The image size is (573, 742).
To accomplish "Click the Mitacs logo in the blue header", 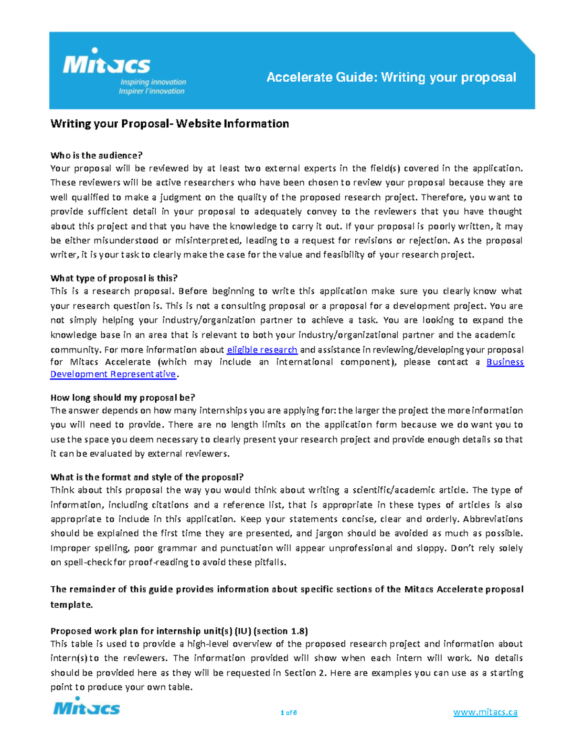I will pos(106,63).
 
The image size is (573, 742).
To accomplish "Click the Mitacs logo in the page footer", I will pos(86,707).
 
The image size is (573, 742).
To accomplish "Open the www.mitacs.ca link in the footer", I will pos(485,712).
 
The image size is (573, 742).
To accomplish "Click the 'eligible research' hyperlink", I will pos(262,350).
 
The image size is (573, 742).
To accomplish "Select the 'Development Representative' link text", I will pos(113,374).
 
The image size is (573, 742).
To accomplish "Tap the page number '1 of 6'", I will pos(288,712).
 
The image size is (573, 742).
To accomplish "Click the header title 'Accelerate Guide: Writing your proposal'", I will pos(391,77).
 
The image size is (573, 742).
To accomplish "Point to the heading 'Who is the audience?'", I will pos(96,155).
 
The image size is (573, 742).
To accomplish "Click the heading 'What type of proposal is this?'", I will pos(114,278).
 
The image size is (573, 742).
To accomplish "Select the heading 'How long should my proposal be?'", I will pos(123,398).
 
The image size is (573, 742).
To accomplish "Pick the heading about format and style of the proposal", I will pos(147,477).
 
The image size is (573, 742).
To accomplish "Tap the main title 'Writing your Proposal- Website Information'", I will pos(170,124).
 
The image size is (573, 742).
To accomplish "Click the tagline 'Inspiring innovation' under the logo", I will pos(153,82).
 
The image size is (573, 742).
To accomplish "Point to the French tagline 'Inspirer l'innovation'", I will pos(151,91).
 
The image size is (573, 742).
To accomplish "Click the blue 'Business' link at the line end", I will pos(505,362).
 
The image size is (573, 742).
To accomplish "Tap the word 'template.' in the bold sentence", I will pos(71,604).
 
